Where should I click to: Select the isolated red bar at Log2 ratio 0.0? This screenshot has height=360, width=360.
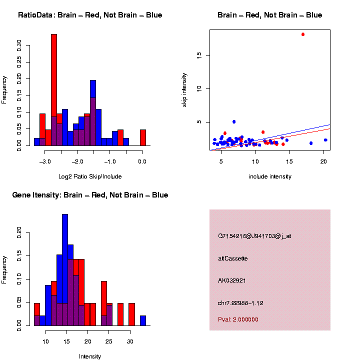click(x=143, y=137)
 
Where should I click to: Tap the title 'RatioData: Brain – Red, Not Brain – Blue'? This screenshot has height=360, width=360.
click(x=90, y=15)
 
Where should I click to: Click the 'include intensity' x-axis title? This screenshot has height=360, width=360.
click(x=269, y=176)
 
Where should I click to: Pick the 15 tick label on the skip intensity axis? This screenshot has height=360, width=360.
click(x=199, y=55)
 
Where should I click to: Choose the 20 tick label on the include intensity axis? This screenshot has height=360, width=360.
click(x=323, y=160)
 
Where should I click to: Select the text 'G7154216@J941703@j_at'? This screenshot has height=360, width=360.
click(x=254, y=235)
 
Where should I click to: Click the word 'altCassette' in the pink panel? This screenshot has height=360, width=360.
click(x=233, y=258)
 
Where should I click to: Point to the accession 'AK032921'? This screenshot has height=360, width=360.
click(x=232, y=280)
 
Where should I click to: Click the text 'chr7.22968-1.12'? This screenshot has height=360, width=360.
click(x=240, y=303)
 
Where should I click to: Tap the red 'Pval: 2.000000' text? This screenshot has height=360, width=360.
click(x=238, y=319)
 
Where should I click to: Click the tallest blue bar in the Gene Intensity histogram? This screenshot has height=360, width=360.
click(x=65, y=270)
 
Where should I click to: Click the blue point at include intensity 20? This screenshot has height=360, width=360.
click(x=325, y=140)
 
